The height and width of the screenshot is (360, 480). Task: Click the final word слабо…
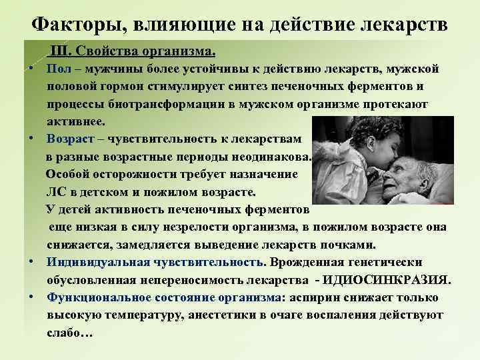(x=69, y=331)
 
